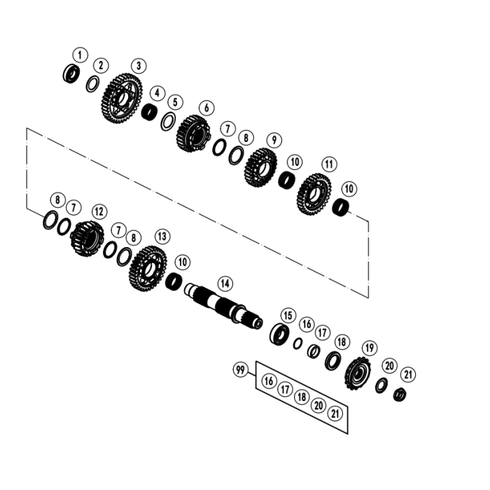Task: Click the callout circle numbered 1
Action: click(x=80, y=55)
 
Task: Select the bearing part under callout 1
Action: click(x=71, y=72)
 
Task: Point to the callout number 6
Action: click(x=206, y=108)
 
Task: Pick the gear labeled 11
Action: click(x=315, y=190)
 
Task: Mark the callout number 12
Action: click(x=99, y=211)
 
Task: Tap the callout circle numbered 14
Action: click(x=224, y=283)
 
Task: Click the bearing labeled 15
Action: click(x=281, y=333)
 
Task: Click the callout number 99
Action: click(x=241, y=370)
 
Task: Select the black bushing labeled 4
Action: click(x=149, y=112)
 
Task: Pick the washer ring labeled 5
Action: click(x=168, y=120)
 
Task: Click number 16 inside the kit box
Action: click(x=269, y=381)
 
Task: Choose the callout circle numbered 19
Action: click(x=369, y=347)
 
